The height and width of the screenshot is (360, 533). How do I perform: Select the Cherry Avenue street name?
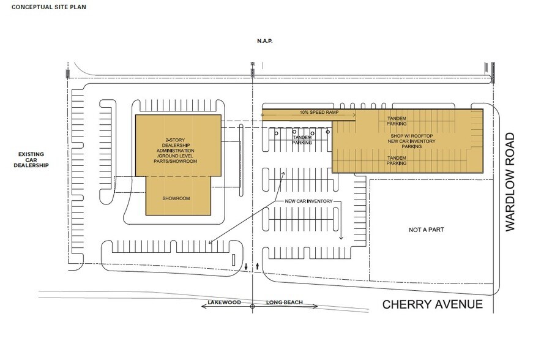click(433, 305)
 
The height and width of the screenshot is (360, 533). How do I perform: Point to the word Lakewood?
click(223, 303)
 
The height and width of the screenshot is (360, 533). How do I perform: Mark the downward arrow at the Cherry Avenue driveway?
click(246, 266)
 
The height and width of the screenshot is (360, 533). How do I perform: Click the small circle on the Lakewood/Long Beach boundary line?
click(252, 310)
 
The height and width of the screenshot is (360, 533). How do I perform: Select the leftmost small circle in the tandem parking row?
click(276, 132)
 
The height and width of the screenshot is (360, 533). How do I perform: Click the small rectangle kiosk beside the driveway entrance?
click(234, 259)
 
